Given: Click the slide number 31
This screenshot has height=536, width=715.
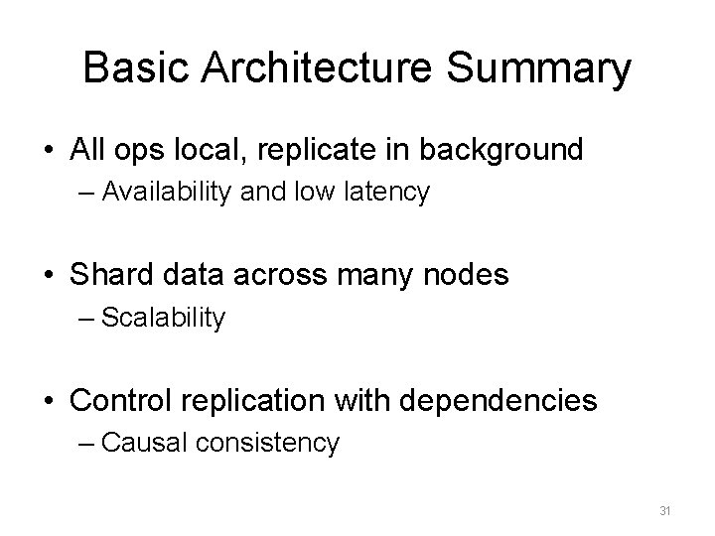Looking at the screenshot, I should pos(665,511).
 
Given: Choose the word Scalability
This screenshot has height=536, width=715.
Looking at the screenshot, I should pos(164,318).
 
